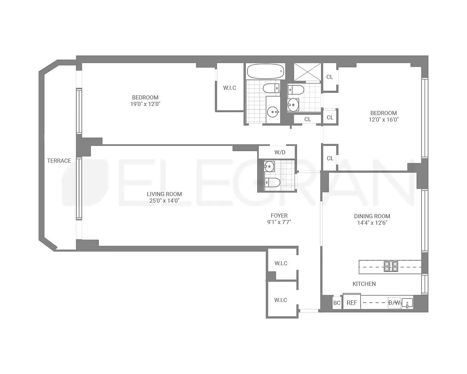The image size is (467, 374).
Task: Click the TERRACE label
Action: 59,161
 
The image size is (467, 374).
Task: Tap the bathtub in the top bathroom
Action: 266,71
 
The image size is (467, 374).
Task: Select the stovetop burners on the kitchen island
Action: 391,266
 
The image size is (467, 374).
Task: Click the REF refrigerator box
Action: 352,303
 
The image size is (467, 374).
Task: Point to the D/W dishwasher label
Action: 394,303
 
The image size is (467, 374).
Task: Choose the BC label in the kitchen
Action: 337,303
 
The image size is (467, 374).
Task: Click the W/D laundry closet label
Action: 280,152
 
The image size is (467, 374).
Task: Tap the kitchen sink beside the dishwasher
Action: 407,303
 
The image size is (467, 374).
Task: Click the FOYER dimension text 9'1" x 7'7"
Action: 279,222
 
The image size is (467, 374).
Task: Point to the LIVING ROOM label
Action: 164,194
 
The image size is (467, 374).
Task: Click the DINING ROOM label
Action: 372,216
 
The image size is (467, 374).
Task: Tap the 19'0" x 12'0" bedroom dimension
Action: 145,104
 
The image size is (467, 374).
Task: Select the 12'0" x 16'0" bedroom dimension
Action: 384,120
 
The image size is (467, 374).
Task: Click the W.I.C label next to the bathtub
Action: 230,88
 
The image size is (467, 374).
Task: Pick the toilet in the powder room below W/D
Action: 272,182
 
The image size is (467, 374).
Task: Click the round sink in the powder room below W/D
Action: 269,166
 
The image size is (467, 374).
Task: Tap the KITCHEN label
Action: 364,284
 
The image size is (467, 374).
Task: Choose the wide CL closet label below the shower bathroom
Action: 307,119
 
